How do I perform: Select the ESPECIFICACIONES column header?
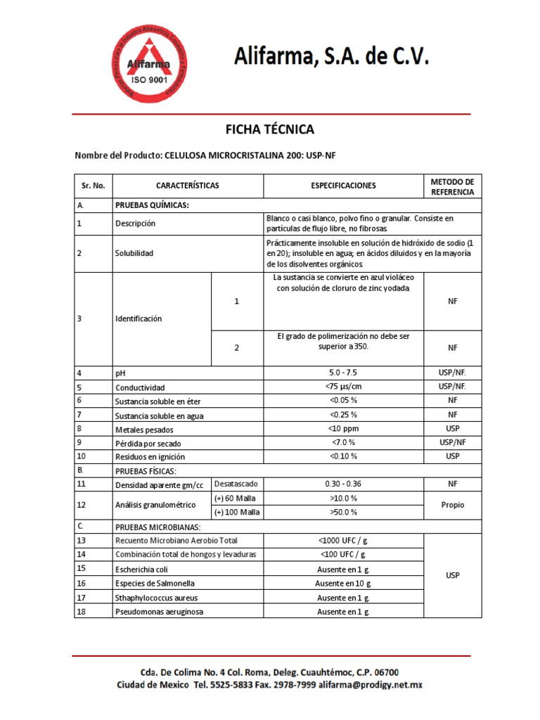pos(343,186)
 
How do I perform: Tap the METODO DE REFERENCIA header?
pos(452,186)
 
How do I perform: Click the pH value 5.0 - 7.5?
pos(343,373)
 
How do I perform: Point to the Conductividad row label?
pos(140,387)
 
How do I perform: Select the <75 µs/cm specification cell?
pos(343,387)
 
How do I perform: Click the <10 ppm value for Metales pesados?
pos(343,428)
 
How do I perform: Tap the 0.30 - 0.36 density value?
pos(343,484)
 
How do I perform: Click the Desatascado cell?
pos(236,484)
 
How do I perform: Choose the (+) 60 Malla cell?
pos(236,498)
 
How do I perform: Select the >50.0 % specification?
pos(343,512)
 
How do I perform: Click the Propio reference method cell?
pos(452,505)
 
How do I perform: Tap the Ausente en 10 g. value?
pos(343,583)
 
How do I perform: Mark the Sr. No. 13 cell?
pos(81,541)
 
